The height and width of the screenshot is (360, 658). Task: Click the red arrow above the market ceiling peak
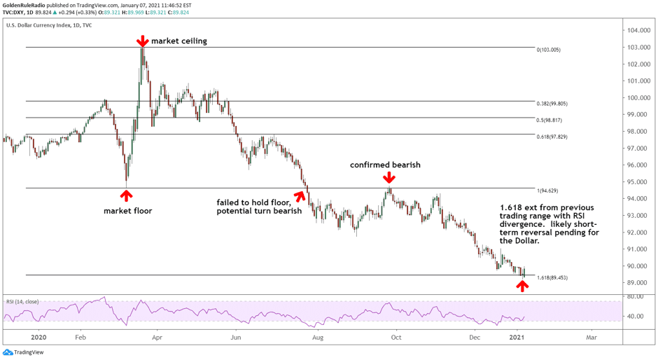click(142, 41)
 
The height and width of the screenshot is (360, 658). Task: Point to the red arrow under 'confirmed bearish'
click(388, 179)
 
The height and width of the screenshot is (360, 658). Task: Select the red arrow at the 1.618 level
click(522, 285)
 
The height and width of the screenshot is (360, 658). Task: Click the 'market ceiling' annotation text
click(179, 41)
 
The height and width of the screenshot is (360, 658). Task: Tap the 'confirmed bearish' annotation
click(386, 165)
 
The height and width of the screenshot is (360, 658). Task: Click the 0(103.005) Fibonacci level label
click(548, 50)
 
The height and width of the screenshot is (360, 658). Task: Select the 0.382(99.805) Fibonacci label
click(552, 104)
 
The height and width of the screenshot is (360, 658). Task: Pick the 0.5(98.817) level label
click(550, 120)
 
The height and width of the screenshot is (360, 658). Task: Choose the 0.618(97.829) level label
click(552, 137)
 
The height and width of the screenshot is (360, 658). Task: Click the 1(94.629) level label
click(548, 191)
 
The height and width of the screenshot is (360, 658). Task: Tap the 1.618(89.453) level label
click(552, 278)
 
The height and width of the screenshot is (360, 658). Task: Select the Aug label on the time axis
click(318, 337)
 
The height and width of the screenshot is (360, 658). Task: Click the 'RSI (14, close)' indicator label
click(22, 301)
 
